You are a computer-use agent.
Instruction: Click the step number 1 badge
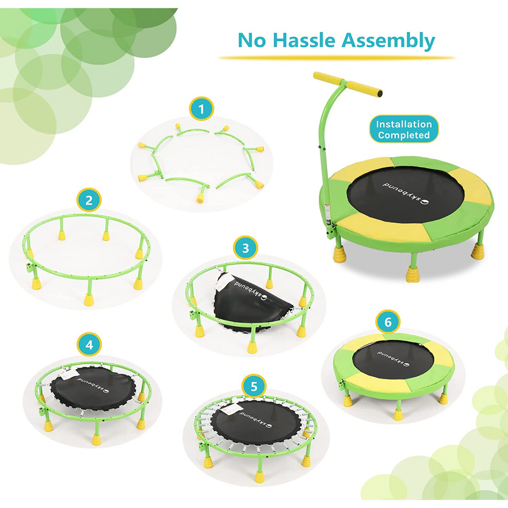(x=201, y=109)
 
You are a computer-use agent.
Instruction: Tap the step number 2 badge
(x=89, y=200)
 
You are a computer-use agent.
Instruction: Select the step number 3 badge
(x=246, y=248)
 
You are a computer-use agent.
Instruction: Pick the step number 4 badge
(x=89, y=345)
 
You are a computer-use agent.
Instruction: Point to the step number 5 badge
(x=254, y=386)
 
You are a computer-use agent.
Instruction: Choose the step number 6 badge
(x=388, y=322)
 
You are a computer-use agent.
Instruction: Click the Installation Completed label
(x=404, y=129)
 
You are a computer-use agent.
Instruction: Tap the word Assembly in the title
(x=388, y=41)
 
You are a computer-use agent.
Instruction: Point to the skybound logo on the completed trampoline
(x=406, y=194)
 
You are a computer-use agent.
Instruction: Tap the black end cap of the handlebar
(x=380, y=94)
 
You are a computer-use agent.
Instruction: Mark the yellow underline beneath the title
(x=337, y=58)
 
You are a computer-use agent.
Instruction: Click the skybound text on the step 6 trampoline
(x=393, y=358)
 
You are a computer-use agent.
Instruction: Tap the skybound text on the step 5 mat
(x=256, y=419)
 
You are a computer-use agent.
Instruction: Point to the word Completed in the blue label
(x=404, y=135)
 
